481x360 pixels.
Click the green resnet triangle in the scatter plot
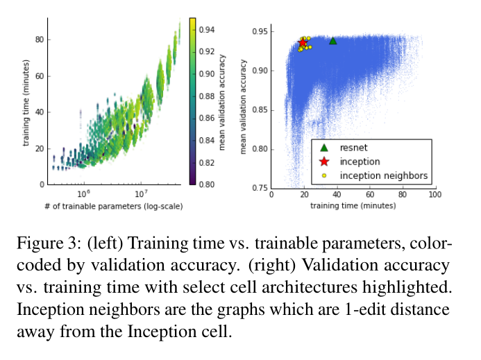(x=332, y=41)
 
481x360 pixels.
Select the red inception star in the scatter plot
(x=303, y=43)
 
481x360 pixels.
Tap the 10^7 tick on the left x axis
(x=141, y=193)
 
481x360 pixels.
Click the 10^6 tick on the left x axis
(x=84, y=193)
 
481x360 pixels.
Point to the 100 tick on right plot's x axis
(x=435, y=196)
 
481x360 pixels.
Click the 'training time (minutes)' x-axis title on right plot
(x=353, y=206)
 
